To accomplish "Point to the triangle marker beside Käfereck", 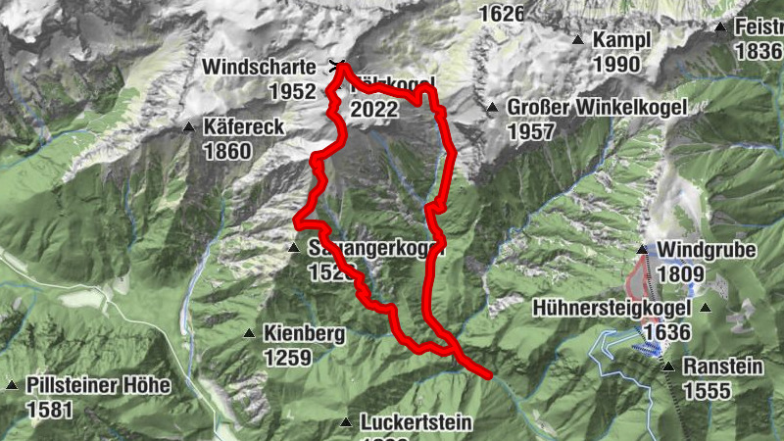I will tap(188, 126).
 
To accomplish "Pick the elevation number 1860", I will tap(227, 151).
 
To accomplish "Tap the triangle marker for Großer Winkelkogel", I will tap(492, 107).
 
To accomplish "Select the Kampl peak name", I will tap(620, 41).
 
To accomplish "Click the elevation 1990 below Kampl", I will tap(616, 65).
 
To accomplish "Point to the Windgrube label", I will tap(707, 250).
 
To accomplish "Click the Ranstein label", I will tap(725, 367).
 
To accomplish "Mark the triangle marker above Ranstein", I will tap(668, 367).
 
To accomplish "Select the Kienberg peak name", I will tap(304, 334).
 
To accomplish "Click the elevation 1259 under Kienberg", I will tap(287, 358).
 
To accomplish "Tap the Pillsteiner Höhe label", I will tap(99, 385).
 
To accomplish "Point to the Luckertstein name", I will tap(416, 423).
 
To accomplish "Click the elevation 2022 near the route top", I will tap(373, 109).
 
